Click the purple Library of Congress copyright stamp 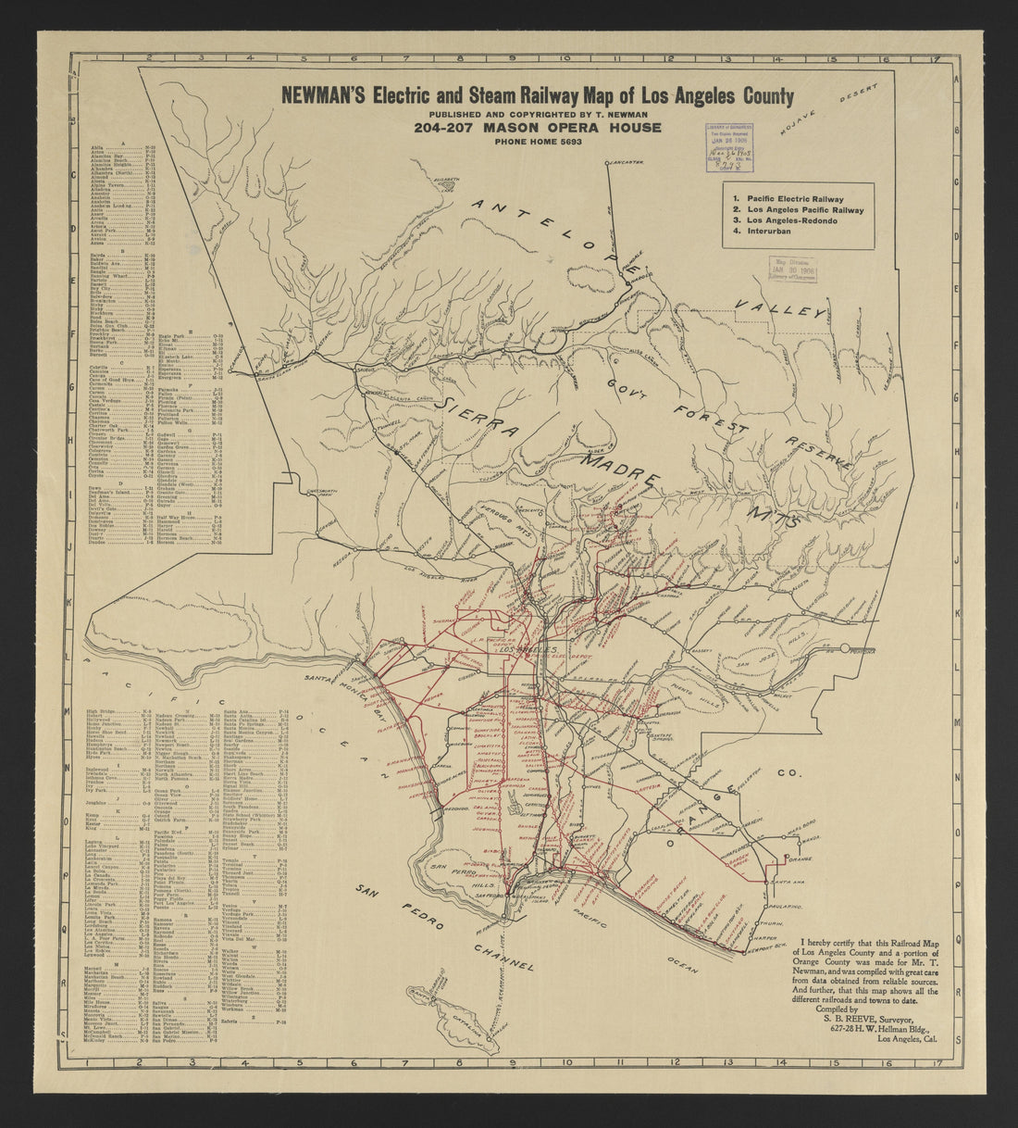pos(730,144)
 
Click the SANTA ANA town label pos(778,882)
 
